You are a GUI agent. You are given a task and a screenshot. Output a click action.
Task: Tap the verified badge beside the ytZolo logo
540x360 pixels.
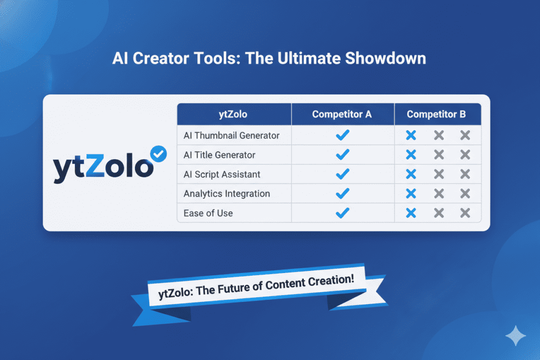[158, 153]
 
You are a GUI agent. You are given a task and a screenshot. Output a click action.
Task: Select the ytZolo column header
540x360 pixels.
[234, 114]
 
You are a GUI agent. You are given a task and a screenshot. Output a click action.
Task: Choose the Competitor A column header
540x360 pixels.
[342, 114]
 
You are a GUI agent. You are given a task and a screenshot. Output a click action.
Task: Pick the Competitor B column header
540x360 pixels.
[437, 114]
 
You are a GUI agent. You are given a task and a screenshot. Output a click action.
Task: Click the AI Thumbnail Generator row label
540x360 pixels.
[232, 135]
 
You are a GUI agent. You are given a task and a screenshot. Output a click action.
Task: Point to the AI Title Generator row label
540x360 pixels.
[219, 155]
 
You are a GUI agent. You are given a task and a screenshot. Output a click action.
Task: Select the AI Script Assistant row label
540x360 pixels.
[222, 174]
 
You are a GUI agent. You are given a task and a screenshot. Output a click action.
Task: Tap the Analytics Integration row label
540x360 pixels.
[227, 193]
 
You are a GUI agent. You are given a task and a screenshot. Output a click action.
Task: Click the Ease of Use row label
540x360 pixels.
[208, 213]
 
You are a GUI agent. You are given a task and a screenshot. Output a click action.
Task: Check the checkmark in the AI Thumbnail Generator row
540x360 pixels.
[343, 135]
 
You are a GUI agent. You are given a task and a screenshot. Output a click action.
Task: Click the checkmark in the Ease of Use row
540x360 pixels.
[343, 213]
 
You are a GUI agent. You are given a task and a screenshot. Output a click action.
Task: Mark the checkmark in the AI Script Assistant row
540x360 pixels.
[343, 174]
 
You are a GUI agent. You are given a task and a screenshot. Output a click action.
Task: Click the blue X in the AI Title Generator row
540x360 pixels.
[411, 155]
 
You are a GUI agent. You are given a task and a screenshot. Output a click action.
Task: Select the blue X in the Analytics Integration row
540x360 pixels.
[411, 194]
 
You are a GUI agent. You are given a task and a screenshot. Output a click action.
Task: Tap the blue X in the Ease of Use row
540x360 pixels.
[411, 213]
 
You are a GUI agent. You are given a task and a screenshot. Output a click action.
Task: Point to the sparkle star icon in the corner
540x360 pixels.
[514, 335]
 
